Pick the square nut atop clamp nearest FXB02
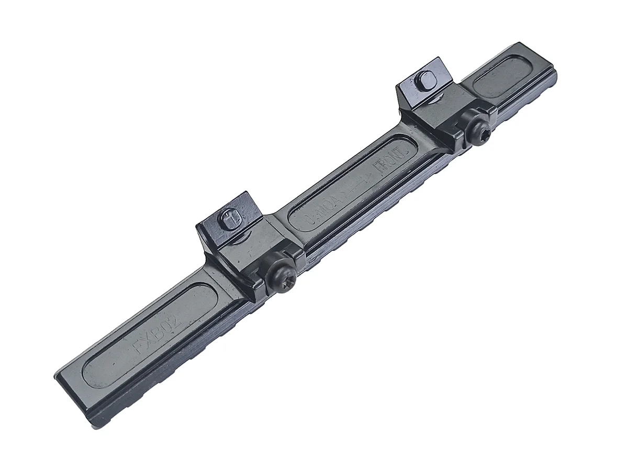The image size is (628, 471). click(231, 218)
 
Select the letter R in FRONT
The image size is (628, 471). click(383, 166)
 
